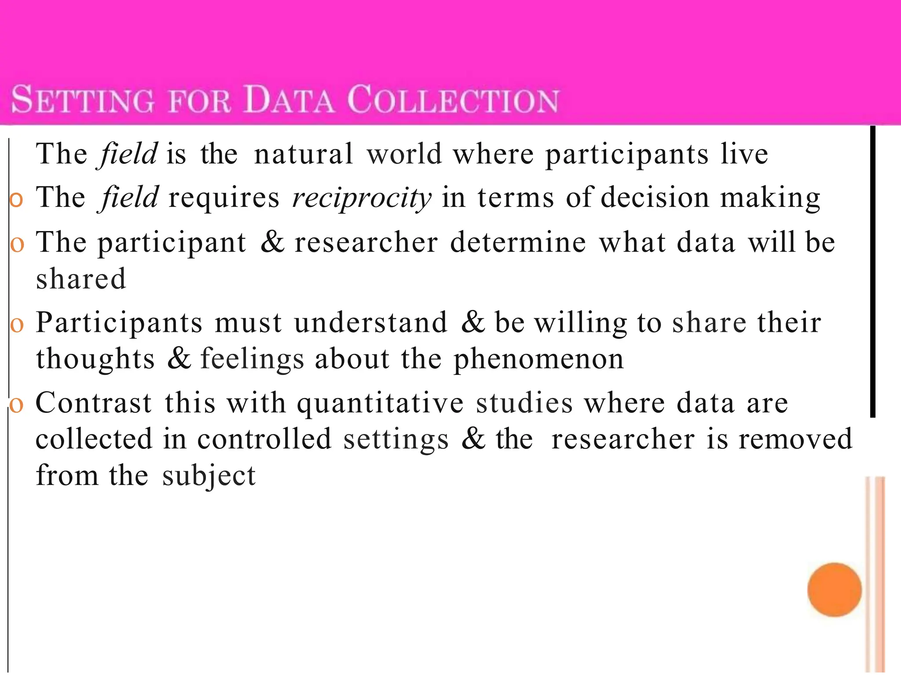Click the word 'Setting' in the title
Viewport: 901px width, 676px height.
pyautogui.click(x=83, y=100)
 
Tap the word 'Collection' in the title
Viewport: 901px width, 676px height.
pyautogui.click(x=453, y=100)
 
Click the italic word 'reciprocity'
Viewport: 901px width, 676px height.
pyautogui.click(x=362, y=198)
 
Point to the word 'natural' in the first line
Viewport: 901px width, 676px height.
pyautogui.click(x=304, y=154)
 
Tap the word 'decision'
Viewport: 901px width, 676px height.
pyautogui.click(x=655, y=197)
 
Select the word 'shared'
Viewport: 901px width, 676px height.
pyautogui.click(x=81, y=279)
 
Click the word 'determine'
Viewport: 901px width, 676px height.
pyautogui.click(x=518, y=242)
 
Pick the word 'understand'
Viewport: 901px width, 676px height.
pyautogui.click(x=370, y=323)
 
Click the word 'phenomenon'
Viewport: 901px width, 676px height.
pyautogui.click(x=538, y=359)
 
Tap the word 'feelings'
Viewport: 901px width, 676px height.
pyautogui.click(x=253, y=359)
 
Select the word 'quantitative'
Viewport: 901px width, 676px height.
pyautogui.click(x=380, y=403)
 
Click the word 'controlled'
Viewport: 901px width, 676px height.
pyautogui.click(x=264, y=439)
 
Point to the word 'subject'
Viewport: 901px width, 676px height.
pyautogui.click(x=209, y=476)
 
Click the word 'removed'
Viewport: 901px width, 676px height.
pyautogui.click(x=795, y=439)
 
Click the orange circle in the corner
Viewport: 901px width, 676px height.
pyautogui.click(x=834, y=590)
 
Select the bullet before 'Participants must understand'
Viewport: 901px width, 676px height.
pyautogui.click(x=16, y=325)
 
